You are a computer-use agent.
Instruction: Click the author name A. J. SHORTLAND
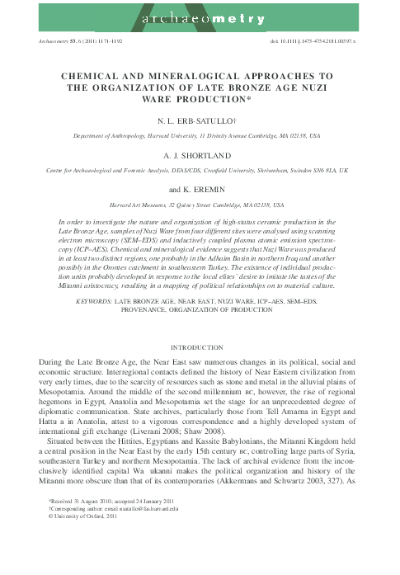(x=200, y=154)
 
